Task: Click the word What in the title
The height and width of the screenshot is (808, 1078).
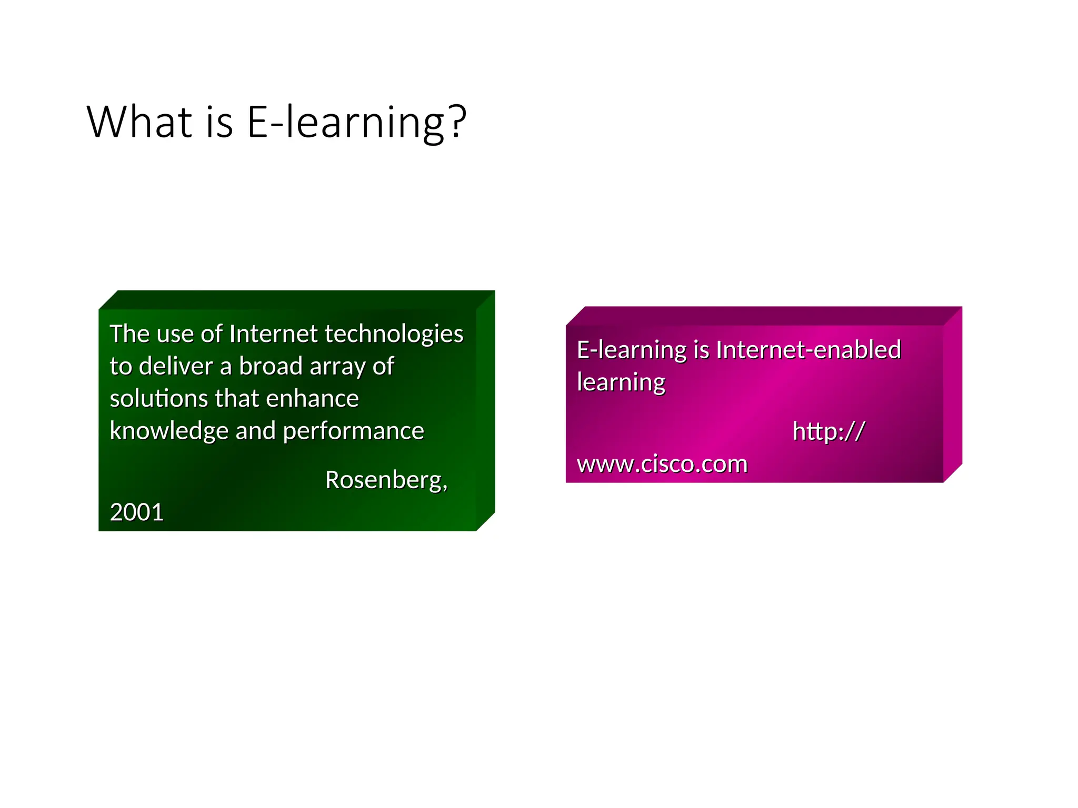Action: point(139,122)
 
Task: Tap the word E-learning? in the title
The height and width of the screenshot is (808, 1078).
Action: point(356,123)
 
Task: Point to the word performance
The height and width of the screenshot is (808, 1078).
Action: point(353,432)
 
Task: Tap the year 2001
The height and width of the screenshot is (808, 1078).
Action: point(136,512)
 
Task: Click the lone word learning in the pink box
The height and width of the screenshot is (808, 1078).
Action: point(621,383)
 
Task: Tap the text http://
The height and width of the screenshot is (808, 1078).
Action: point(829,431)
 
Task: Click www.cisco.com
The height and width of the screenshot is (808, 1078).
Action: point(662,464)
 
